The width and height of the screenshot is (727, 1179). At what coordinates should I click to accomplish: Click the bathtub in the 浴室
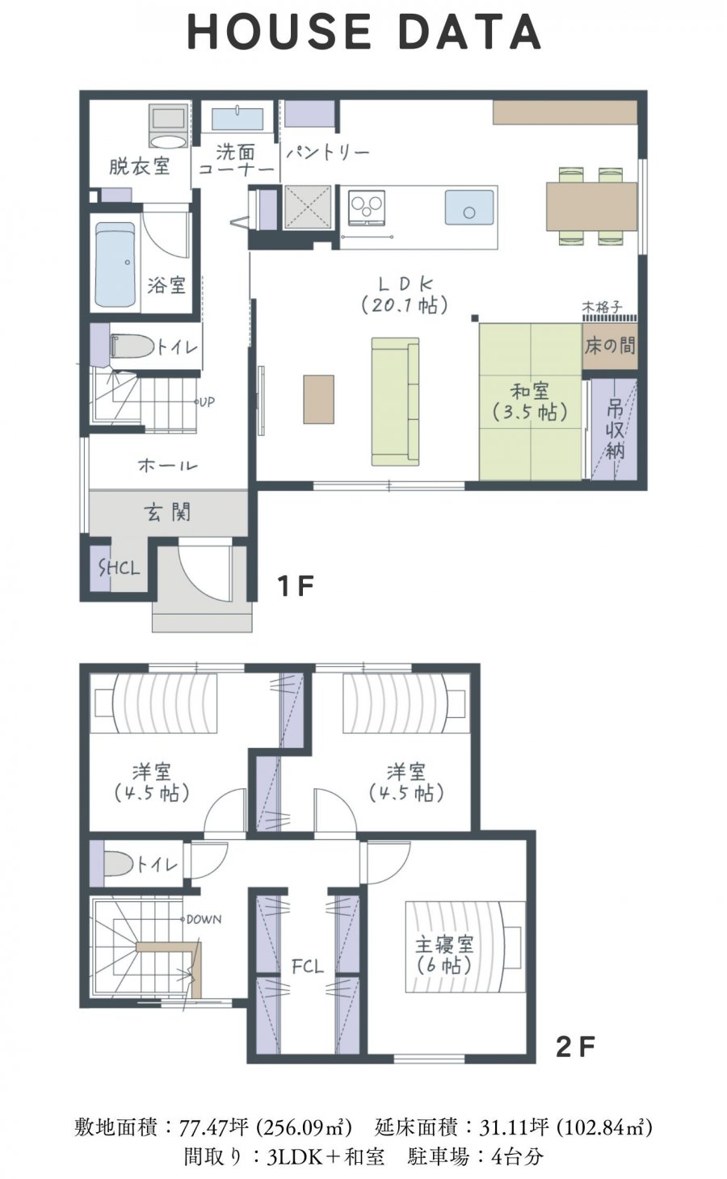pyautogui.click(x=116, y=265)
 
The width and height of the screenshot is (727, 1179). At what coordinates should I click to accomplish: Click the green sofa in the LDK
pyautogui.click(x=395, y=401)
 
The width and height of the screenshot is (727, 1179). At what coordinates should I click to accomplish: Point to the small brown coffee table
pyautogui.click(x=318, y=399)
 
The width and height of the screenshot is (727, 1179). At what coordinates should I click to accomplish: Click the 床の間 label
pyautogui.click(x=610, y=346)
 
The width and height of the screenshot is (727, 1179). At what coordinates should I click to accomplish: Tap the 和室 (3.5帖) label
pyautogui.click(x=530, y=401)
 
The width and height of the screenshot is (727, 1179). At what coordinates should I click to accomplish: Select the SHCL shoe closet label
pyautogui.click(x=120, y=568)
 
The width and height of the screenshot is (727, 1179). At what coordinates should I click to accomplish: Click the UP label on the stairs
pyautogui.click(x=205, y=402)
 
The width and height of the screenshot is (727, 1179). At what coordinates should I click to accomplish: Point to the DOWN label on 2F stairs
pyautogui.click(x=204, y=919)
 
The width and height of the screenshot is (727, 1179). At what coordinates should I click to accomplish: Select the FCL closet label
pyautogui.click(x=308, y=966)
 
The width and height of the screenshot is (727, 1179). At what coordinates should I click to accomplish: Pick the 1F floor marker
pyautogui.click(x=296, y=585)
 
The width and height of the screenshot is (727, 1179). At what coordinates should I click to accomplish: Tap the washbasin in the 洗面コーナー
pyautogui.click(x=237, y=120)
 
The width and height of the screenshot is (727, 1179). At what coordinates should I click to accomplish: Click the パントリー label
pyautogui.click(x=327, y=153)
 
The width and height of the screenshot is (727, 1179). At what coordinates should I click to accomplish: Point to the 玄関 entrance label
pyautogui.click(x=168, y=512)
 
